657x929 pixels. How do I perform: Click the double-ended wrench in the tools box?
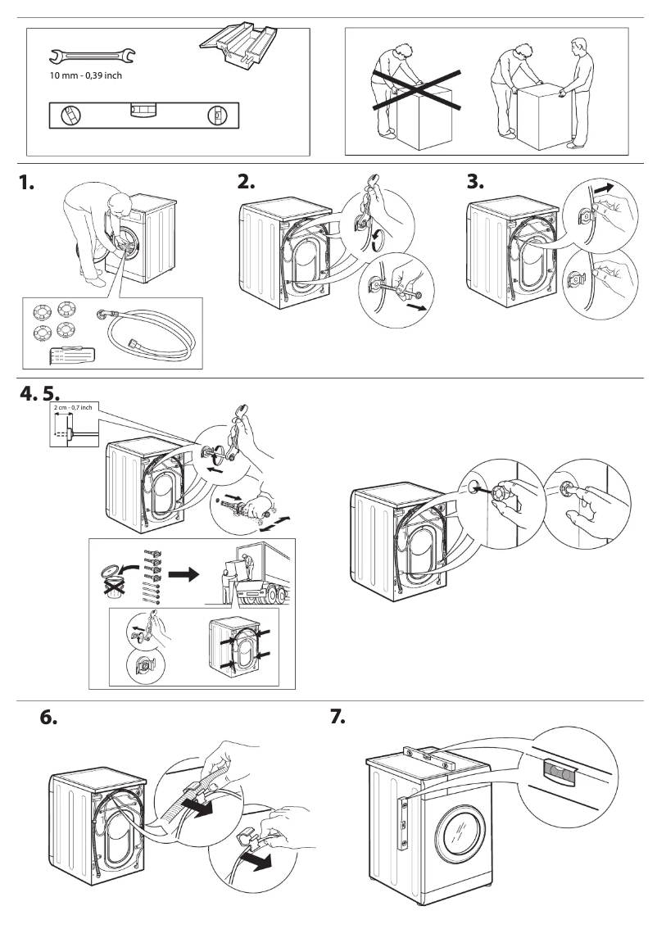pos(93,56)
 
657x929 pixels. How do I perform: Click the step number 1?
pos(28,185)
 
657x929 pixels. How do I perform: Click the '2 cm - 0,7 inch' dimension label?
pos(71,407)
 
